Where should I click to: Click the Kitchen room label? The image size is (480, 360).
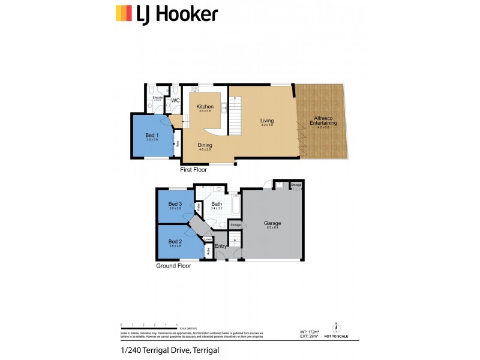point(205,107)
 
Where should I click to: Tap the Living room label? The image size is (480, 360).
point(266,121)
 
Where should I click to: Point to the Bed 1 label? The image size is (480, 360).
point(151,135)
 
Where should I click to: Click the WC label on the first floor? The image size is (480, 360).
point(176,100)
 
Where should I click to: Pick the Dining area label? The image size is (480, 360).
point(205,145)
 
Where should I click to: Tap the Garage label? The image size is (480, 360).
point(272,223)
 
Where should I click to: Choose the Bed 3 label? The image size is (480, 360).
point(175,204)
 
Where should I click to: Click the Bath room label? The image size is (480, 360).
point(217,205)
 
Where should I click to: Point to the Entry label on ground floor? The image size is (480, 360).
point(221,246)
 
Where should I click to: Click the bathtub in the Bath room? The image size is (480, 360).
point(235,206)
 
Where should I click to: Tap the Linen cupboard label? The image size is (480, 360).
point(208,239)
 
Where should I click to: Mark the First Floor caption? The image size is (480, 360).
point(193,170)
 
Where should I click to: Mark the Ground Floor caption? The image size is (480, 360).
point(173,265)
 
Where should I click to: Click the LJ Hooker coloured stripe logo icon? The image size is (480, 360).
point(124,13)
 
